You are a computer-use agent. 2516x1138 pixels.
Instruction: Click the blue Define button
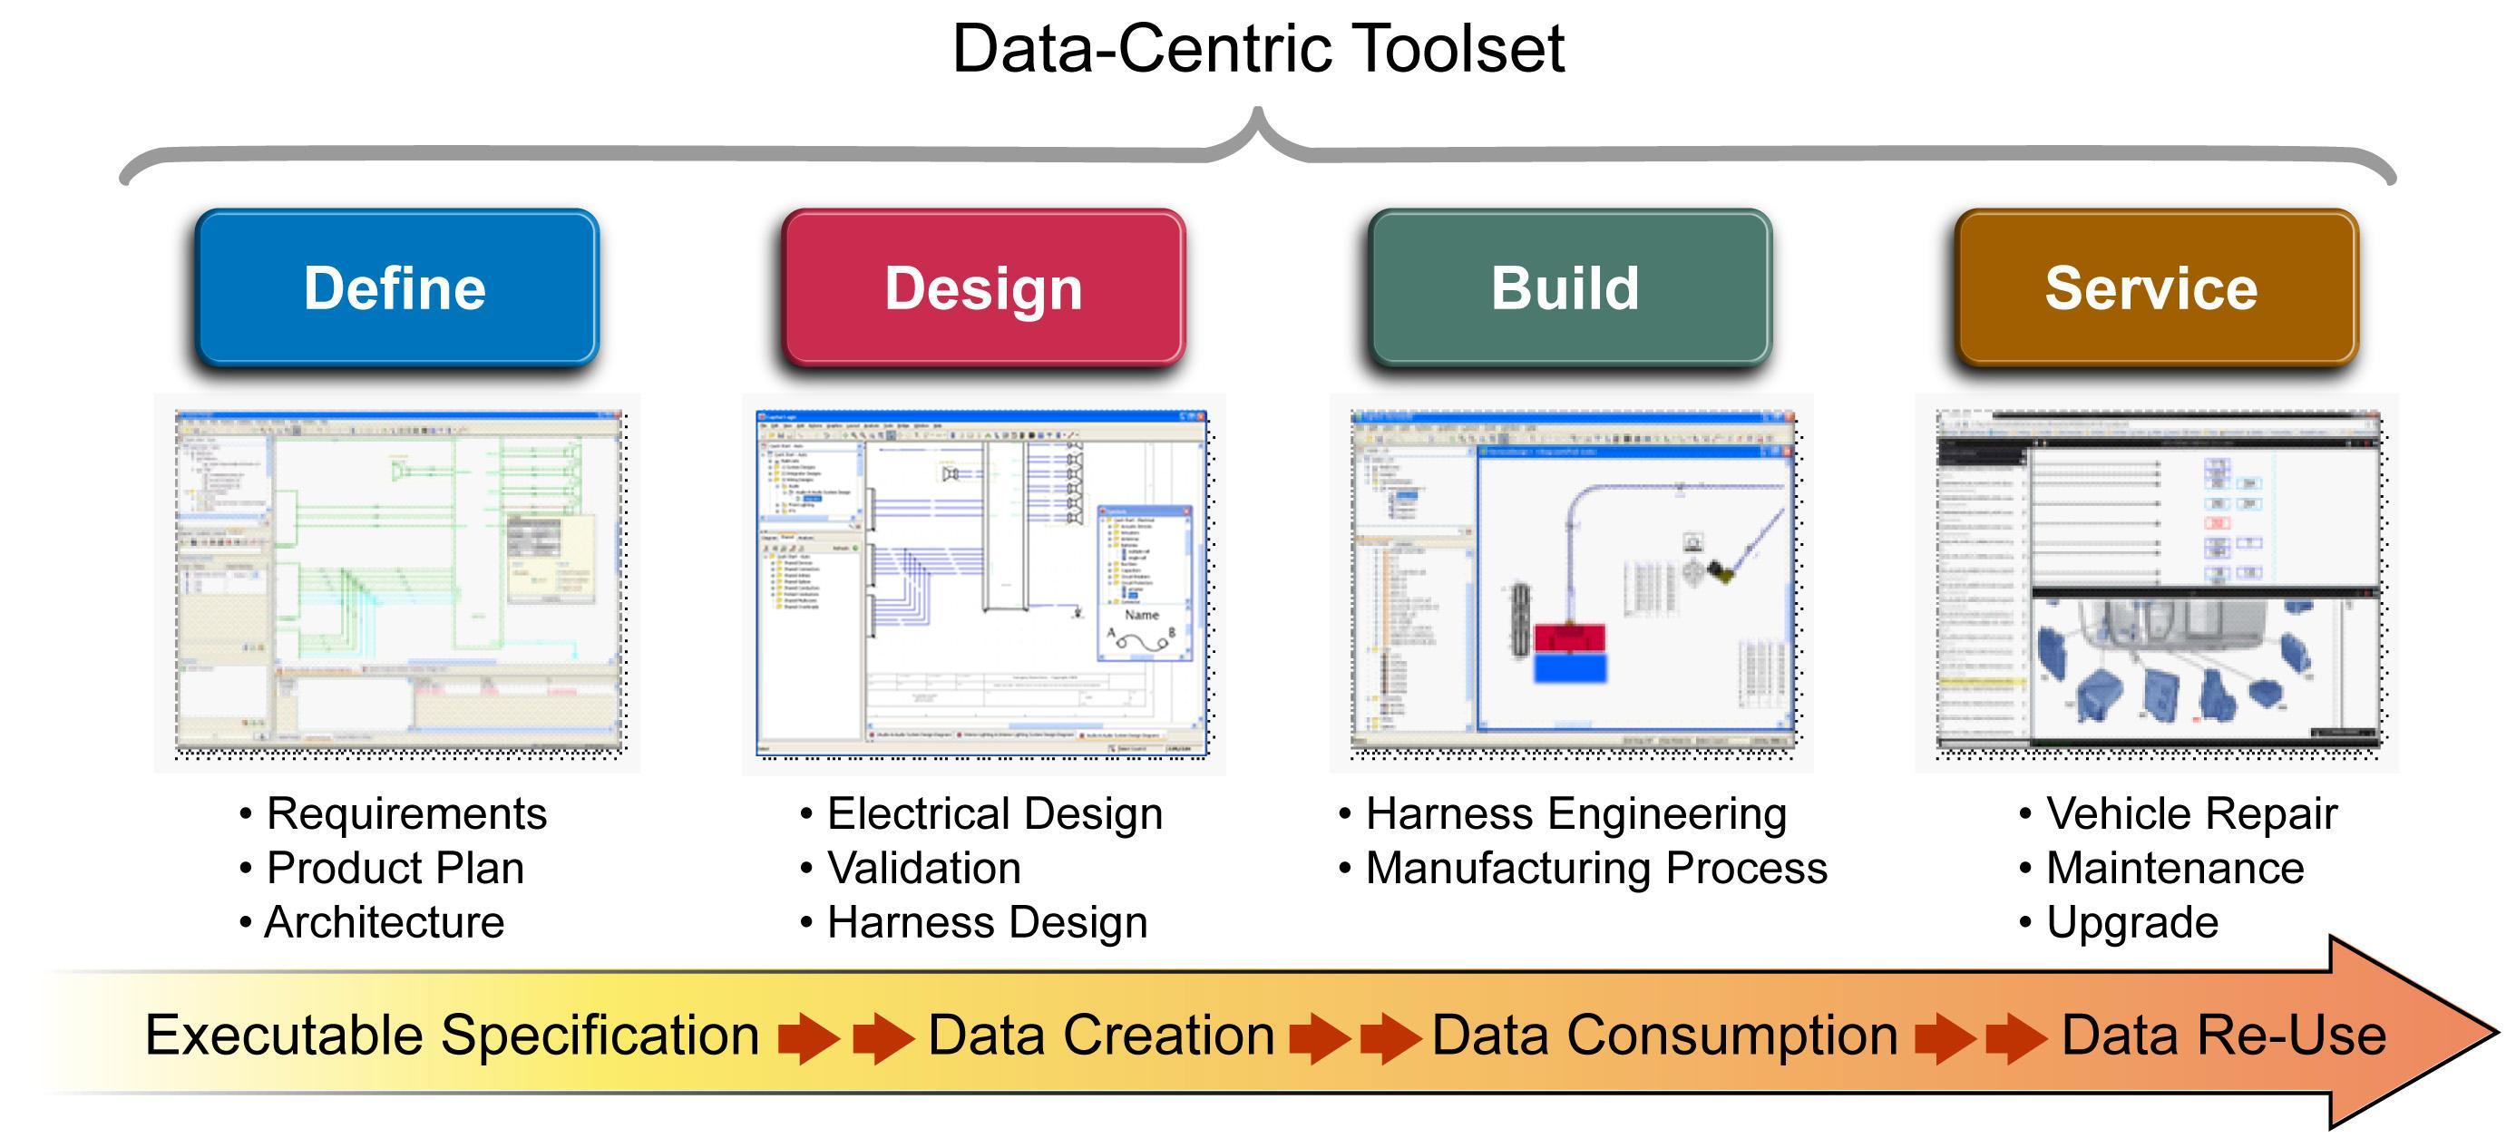[395, 288]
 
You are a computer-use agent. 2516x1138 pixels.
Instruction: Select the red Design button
[983, 288]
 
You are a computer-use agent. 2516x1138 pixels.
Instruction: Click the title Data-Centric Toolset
[1258, 49]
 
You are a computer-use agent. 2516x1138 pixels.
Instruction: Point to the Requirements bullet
[405, 813]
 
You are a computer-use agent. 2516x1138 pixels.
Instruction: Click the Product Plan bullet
[394, 868]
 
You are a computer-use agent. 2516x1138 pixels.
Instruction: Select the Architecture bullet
[383, 922]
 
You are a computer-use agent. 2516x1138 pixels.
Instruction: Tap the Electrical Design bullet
[993, 813]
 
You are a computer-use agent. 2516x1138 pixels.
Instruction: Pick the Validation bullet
[923, 868]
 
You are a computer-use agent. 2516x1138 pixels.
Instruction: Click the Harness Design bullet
[986, 922]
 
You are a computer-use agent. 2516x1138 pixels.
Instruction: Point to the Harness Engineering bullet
[1575, 813]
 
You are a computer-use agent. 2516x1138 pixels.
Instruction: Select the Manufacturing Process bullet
[1595, 868]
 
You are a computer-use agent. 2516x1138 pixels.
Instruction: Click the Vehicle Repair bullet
[2190, 813]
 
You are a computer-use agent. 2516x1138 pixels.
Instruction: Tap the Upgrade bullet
[2131, 922]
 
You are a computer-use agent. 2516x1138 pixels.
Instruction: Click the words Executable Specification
[452, 1035]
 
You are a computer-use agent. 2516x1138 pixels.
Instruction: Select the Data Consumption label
[1663, 1035]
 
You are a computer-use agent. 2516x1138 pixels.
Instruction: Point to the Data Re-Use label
[2223, 1035]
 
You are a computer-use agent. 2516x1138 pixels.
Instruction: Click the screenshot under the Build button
[1573, 583]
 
